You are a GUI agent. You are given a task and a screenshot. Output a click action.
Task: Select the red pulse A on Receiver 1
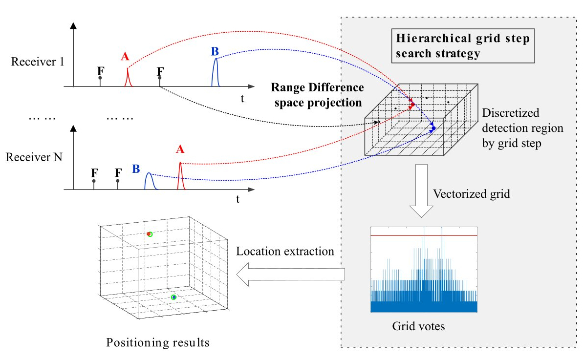coord(127,79)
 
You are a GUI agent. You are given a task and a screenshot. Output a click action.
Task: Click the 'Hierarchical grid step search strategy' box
coord(462,46)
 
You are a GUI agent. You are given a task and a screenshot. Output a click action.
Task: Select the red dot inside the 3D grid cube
coord(412,104)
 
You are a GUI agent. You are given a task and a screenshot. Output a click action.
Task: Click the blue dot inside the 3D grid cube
coord(433,128)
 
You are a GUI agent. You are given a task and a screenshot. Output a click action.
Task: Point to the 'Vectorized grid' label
coord(471,194)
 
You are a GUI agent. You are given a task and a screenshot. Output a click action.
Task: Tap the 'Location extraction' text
coord(285,252)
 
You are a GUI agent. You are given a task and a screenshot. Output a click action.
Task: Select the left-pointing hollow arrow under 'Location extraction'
coord(290,275)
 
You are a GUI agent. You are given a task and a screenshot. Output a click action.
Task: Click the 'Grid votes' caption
coord(418,326)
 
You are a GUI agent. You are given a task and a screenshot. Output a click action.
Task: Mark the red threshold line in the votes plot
coord(423,235)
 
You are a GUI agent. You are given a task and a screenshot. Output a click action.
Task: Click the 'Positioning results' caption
coord(158,342)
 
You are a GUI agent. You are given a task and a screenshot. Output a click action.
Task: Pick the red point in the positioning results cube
coord(149,234)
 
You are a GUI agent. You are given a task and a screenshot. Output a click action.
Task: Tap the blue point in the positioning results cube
coord(173,297)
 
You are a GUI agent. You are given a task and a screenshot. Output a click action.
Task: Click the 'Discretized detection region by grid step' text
coord(522,129)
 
